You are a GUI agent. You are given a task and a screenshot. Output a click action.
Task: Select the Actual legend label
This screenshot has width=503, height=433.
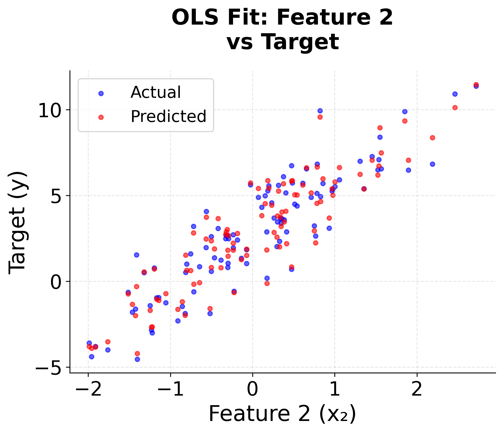[156, 92]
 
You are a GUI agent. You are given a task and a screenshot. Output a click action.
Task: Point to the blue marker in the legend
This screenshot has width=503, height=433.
[101, 93]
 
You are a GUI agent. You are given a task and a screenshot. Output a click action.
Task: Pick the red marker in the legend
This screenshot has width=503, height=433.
[101, 117]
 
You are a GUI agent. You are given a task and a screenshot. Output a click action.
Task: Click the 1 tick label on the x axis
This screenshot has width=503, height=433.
[335, 389]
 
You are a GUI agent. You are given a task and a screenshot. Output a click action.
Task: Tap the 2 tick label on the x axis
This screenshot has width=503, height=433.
[417, 389]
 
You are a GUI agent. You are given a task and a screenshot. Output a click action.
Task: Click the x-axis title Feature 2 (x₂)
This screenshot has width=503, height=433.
[282, 414]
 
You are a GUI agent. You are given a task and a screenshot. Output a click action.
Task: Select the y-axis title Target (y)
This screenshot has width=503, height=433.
[17, 223]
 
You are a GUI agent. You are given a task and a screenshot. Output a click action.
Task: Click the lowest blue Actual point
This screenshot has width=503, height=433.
[137, 359]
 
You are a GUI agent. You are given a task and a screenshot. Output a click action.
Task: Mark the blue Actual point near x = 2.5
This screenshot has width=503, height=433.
[455, 94]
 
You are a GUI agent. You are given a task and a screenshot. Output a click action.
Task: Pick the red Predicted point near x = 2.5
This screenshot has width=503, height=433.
[455, 108]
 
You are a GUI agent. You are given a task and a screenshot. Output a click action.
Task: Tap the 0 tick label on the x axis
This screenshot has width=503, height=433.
[253, 389]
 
